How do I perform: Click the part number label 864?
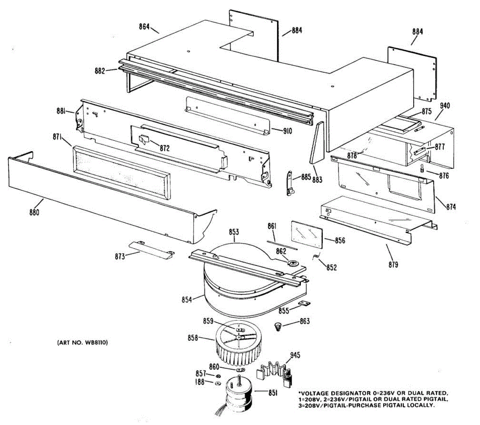click(x=144, y=27)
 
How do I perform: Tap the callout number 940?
click(x=444, y=106)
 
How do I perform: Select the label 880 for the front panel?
click(x=34, y=212)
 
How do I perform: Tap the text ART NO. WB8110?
click(x=82, y=343)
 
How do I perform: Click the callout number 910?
click(x=287, y=131)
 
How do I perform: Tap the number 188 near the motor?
click(x=199, y=382)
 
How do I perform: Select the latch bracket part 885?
click(x=291, y=182)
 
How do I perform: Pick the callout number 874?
click(x=451, y=207)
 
